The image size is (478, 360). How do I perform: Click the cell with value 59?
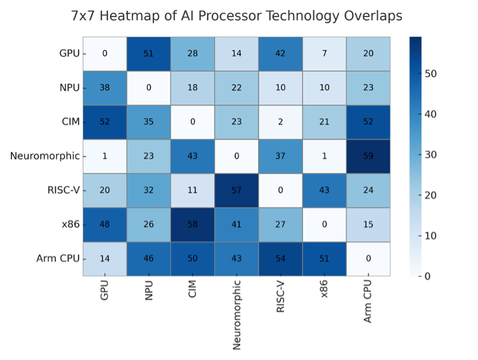368,156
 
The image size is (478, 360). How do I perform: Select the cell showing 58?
192,224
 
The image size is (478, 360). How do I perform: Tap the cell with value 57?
236,190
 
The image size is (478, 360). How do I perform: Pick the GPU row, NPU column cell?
148,53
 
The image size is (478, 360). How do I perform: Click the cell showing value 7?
324,53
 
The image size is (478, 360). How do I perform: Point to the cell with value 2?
280,122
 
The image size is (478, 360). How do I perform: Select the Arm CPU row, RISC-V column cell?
280,259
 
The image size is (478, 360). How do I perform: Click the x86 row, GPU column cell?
105,224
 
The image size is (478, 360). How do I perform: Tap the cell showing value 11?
192,190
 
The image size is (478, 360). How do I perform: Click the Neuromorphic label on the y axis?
44,156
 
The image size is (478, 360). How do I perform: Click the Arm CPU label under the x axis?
368,302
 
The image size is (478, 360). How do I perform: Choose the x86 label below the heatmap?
324,291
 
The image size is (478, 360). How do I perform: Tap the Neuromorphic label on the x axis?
236,314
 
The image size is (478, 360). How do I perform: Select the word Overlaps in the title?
373,16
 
